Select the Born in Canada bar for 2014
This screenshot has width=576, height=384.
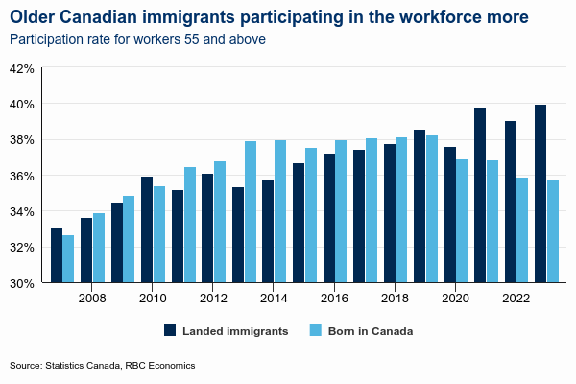point(280,212)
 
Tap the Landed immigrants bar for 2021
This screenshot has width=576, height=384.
point(480,196)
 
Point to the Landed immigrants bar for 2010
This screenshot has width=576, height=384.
point(147,230)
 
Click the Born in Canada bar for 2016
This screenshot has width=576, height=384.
point(341,212)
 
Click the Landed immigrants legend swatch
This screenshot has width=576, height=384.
point(170,330)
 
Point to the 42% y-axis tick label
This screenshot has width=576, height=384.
point(22,69)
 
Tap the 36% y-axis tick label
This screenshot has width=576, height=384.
point(22,176)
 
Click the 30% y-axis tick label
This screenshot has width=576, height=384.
point(22,283)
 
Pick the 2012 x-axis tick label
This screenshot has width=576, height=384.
point(213,299)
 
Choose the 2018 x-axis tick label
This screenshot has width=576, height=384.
point(396,299)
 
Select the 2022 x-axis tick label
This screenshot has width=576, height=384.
point(516,299)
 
